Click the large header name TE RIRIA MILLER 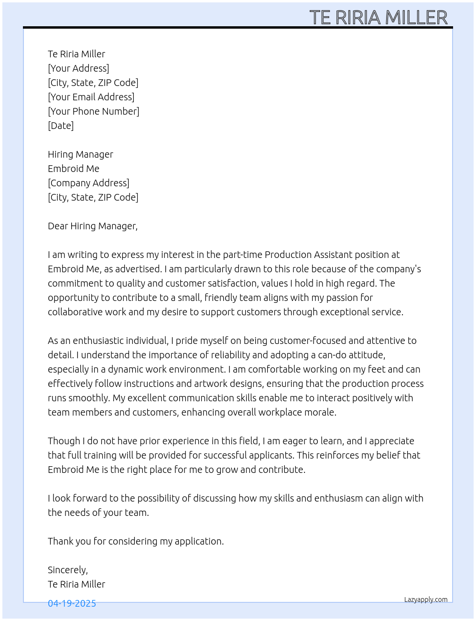(x=379, y=17)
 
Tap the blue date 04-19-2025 (x=72, y=603)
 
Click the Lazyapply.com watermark (x=426, y=600)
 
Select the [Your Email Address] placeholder (x=91, y=97)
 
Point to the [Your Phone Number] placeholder (x=93, y=111)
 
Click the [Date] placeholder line (x=61, y=126)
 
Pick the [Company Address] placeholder (x=88, y=183)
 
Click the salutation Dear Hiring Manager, (x=92, y=226)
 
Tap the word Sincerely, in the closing (x=67, y=570)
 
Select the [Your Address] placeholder (x=78, y=68)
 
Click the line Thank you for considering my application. (x=136, y=541)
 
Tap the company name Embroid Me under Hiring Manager (x=74, y=169)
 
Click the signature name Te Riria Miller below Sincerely (x=76, y=584)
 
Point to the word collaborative (x=74, y=312)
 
